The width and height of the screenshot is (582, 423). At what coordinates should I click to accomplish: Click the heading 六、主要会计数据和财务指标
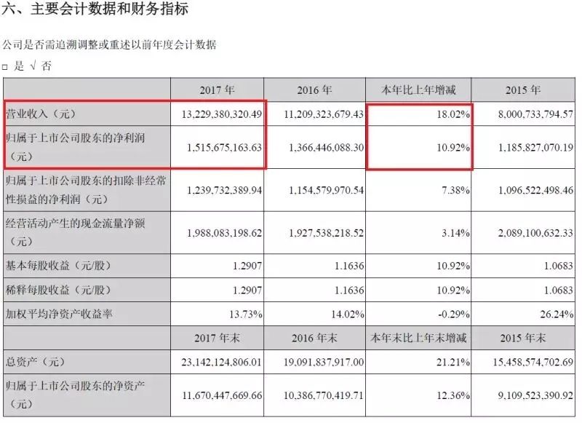[x=95, y=9]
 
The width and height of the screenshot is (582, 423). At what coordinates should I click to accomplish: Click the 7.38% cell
[x=455, y=189]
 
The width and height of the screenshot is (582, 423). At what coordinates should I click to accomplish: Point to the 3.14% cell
[x=455, y=232]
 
